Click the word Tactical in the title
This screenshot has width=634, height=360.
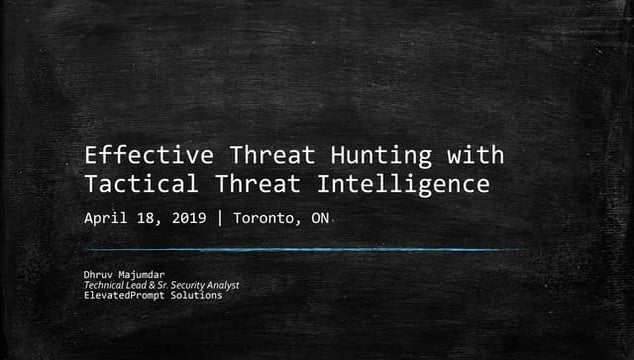tap(134, 184)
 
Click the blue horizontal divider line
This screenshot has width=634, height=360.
tap(300, 249)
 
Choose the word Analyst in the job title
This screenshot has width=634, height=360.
tap(220, 285)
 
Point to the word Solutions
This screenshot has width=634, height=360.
tap(199, 295)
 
